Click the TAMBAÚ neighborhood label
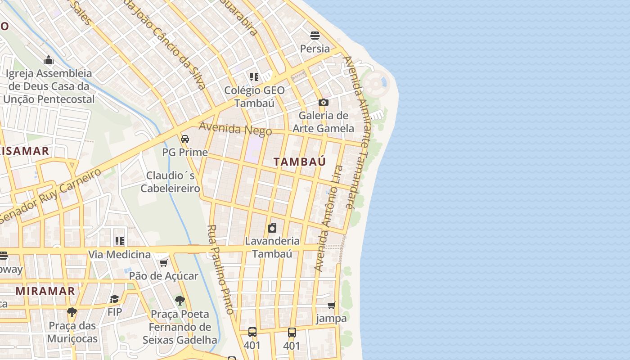click(299, 162)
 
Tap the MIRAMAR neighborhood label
click(45, 291)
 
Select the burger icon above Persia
click(315, 36)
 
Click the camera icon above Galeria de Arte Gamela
click(323, 103)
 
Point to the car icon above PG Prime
click(185, 139)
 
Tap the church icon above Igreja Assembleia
click(49, 60)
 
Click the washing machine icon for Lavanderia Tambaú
click(272, 228)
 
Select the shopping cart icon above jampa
click(332, 306)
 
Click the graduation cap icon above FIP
click(115, 299)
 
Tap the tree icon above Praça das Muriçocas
click(72, 312)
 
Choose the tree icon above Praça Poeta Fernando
click(180, 301)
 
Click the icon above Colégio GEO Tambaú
click(254, 77)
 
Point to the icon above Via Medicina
click(119, 242)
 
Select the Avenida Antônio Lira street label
click(328, 219)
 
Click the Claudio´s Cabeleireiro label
click(170, 182)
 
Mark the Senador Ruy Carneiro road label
click(50, 196)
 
